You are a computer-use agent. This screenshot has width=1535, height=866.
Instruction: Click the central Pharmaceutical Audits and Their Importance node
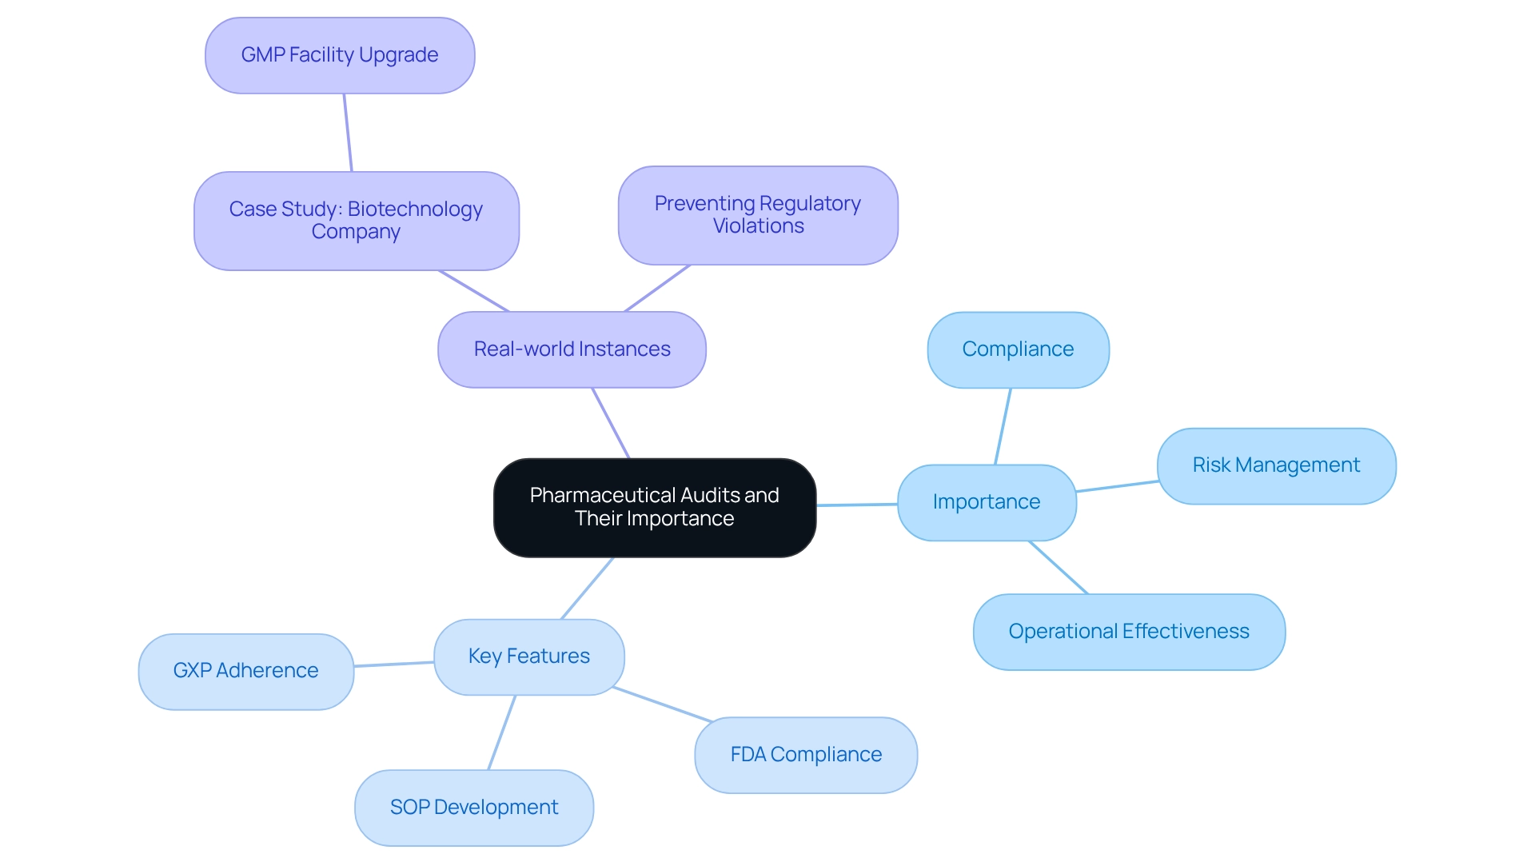[654, 507]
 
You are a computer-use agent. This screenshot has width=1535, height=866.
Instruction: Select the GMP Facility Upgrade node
[340, 55]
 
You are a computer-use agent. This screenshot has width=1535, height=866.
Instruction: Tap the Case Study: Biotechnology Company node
[356, 221]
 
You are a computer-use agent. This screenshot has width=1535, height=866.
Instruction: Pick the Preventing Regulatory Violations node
[757, 215]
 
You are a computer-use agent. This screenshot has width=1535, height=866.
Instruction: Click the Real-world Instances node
[572, 349]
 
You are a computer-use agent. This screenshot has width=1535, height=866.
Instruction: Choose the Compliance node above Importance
[1018, 349]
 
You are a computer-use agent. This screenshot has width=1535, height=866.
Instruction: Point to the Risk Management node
[1276, 465]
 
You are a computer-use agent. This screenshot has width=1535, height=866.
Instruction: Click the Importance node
[987, 502]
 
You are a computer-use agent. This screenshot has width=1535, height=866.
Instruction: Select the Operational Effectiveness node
[1128, 632]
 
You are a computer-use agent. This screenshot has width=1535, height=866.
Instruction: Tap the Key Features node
[528, 656]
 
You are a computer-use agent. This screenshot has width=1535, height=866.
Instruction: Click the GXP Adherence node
[245, 671]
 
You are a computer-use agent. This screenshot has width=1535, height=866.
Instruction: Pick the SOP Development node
[473, 808]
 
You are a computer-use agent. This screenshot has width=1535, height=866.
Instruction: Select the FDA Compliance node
[806, 755]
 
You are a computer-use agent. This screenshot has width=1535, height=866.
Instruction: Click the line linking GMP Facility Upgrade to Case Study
[348, 133]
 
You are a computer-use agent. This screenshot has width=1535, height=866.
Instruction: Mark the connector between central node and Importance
[857, 505]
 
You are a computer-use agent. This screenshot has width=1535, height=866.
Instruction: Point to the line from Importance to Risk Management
[1117, 486]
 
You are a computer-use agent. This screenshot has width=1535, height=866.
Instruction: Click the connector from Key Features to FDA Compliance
[662, 704]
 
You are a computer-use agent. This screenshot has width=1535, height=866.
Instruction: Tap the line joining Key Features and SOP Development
[502, 732]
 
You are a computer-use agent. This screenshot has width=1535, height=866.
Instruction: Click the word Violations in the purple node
[758, 226]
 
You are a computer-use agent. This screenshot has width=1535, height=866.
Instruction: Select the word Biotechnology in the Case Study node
[415, 210]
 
